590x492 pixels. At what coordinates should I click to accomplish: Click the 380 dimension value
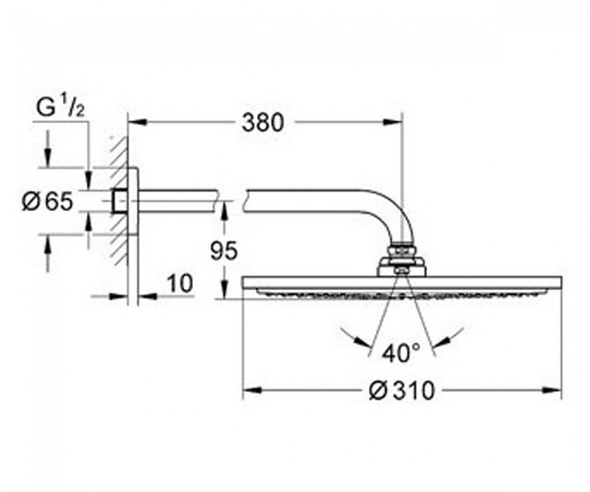262,123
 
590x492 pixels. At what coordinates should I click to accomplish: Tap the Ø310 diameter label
402,391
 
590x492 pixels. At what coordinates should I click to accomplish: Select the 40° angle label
401,353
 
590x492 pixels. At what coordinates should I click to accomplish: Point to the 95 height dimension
223,251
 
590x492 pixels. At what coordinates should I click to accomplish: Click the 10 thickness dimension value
179,283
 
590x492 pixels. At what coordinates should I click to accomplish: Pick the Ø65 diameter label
48,201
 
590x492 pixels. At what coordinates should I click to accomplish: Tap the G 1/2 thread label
61,107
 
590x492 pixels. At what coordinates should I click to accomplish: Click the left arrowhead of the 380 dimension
137,122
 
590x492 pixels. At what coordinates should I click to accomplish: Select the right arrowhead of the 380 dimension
393,122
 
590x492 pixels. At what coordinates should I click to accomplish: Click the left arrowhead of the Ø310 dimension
252,391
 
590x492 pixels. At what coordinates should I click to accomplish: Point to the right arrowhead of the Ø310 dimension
552,391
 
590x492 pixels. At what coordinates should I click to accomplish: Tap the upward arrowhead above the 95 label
223,211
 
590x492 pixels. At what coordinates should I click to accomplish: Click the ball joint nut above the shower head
401,251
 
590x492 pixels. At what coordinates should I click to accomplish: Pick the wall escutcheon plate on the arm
132,201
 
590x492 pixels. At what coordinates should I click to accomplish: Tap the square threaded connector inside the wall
120,202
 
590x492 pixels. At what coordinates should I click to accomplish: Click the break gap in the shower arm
231,201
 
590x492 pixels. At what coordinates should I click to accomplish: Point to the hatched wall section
119,201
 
